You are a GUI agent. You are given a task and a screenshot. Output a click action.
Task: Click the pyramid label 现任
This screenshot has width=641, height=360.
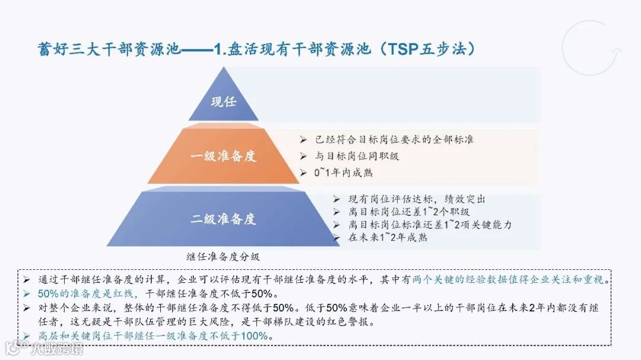[223, 101]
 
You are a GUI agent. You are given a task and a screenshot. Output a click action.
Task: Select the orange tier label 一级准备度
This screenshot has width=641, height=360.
[223, 157]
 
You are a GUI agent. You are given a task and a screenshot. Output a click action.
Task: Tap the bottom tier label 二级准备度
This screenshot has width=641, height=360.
[223, 219]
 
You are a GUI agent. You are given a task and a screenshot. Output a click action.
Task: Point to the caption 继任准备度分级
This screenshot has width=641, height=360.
[223, 257]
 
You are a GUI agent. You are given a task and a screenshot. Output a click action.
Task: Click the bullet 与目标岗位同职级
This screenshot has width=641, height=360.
[357, 156]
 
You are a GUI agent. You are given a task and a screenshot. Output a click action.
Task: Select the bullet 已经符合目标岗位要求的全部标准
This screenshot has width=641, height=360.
[395, 140]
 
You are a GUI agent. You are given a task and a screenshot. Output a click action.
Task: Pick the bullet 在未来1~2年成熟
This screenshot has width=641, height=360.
[388, 237]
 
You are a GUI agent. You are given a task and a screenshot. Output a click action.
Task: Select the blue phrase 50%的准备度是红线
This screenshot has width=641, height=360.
[88, 293]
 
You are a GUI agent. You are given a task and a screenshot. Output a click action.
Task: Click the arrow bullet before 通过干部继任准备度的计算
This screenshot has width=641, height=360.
[27, 279]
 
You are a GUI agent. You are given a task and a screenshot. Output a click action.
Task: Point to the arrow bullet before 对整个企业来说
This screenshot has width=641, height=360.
[27, 307]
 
